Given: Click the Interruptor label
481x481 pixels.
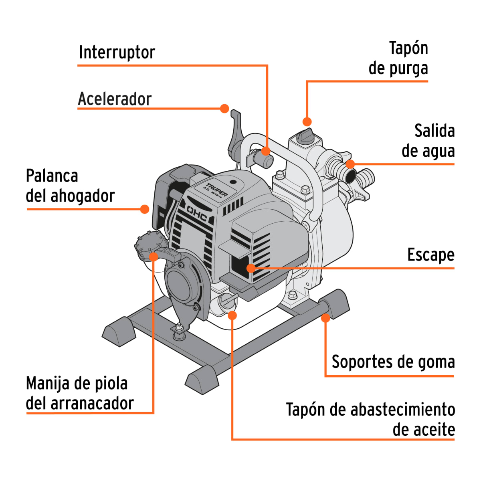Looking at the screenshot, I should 117,53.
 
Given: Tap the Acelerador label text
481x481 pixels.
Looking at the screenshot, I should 115,99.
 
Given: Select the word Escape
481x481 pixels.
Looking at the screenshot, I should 431,255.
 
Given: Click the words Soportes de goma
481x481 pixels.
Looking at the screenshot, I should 393,362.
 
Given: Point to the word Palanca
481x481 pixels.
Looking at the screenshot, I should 52,176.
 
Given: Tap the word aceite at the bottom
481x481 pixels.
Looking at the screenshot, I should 424,430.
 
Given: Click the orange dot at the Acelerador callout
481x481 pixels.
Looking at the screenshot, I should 224,108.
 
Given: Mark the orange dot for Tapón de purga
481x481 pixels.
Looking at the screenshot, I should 307,121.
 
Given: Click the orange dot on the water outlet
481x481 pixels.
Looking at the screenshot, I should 350,164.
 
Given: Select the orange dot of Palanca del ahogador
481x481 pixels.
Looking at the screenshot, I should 145,209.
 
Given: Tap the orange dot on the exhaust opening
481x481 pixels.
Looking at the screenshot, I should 251,268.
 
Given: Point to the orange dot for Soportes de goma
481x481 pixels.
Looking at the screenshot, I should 325,318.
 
